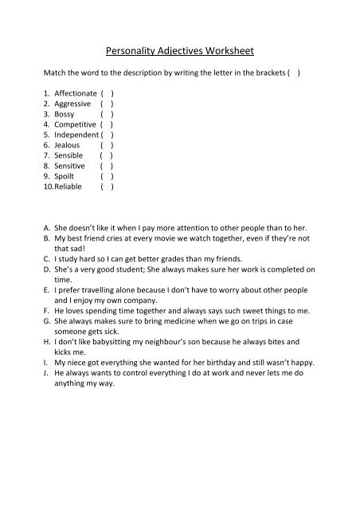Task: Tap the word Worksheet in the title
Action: pyautogui.click(x=227, y=51)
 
